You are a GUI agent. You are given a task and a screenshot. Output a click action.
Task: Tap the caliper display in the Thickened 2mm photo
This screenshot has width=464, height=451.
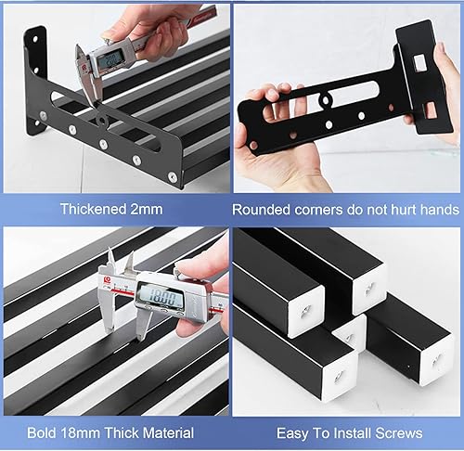[113, 58]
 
